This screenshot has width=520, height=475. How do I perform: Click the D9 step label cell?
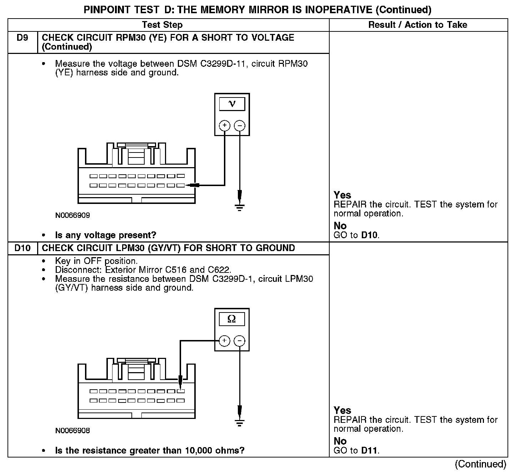pyautogui.click(x=22, y=38)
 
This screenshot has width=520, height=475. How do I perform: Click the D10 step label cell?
pyautogui.click(x=22, y=248)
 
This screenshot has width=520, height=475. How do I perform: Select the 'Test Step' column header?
pyautogui.click(x=162, y=25)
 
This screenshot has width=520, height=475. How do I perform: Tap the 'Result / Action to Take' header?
pyautogui.click(x=417, y=25)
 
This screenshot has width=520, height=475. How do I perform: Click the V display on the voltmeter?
pyautogui.click(x=232, y=104)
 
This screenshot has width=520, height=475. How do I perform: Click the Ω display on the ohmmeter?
pyautogui.click(x=232, y=319)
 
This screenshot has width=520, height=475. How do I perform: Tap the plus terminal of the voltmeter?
pyautogui.click(x=225, y=125)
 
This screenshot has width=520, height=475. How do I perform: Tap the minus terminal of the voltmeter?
pyautogui.click(x=240, y=125)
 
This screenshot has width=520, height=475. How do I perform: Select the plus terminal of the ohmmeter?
pyautogui.click(x=224, y=341)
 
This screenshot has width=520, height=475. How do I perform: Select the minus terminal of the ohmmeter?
pyautogui.click(x=240, y=341)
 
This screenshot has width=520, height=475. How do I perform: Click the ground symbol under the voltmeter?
pyautogui.click(x=240, y=206)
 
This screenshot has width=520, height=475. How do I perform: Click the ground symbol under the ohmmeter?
pyautogui.click(x=240, y=422)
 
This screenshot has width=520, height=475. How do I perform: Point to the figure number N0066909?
pyautogui.click(x=72, y=215)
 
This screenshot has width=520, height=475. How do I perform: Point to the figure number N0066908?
pyautogui.click(x=72, y=431)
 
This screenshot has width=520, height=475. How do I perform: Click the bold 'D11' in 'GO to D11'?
pyautogui.click(x=369, y=450)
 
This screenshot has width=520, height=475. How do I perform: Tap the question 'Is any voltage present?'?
pyautogui.click(x=105, y=235)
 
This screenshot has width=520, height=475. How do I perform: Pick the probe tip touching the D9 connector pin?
pyautogui.click(x=189, y=185)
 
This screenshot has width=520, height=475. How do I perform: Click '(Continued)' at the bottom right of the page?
pyautogui.click(x=480, y=464)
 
